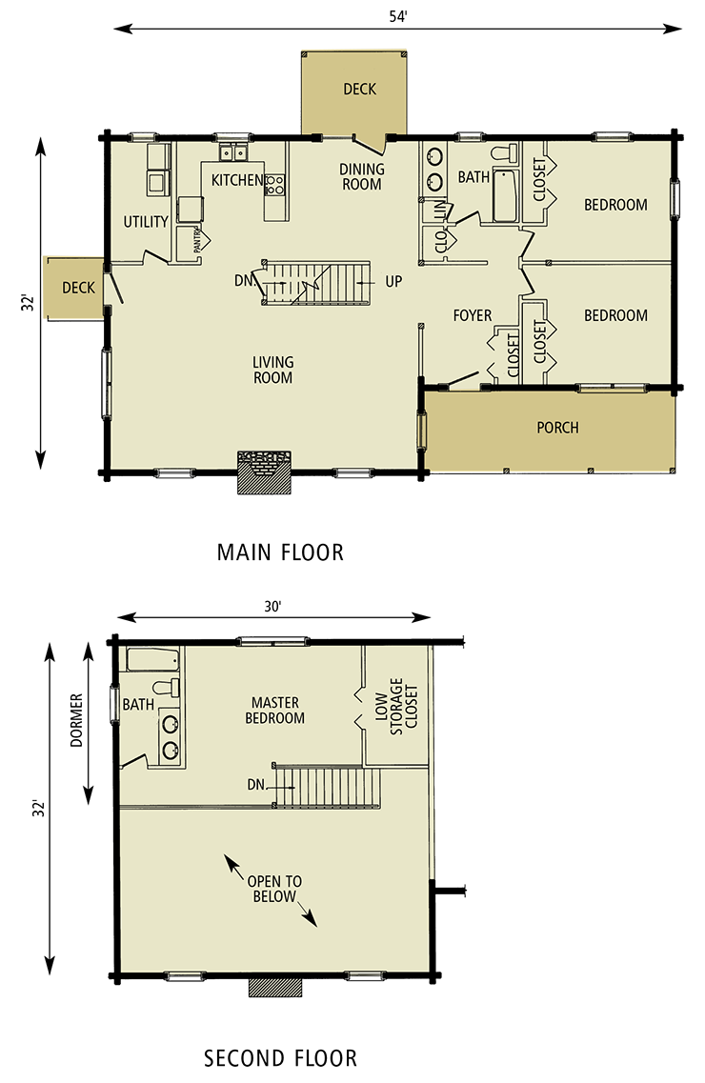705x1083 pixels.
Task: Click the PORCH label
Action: click(557, 428)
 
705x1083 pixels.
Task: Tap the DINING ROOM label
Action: click(362, 177)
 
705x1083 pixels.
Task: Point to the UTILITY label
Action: click(146, 222)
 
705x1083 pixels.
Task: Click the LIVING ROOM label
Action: click(273, 370)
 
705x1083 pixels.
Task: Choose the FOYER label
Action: click(472, 315)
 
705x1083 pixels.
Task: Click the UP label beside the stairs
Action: click(393, 282)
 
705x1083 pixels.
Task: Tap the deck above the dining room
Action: click(359, 90)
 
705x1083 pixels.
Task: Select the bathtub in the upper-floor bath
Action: click(153, 659)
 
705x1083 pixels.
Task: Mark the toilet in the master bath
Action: click(164, 689)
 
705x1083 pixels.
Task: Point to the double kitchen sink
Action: click(233, 152)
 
